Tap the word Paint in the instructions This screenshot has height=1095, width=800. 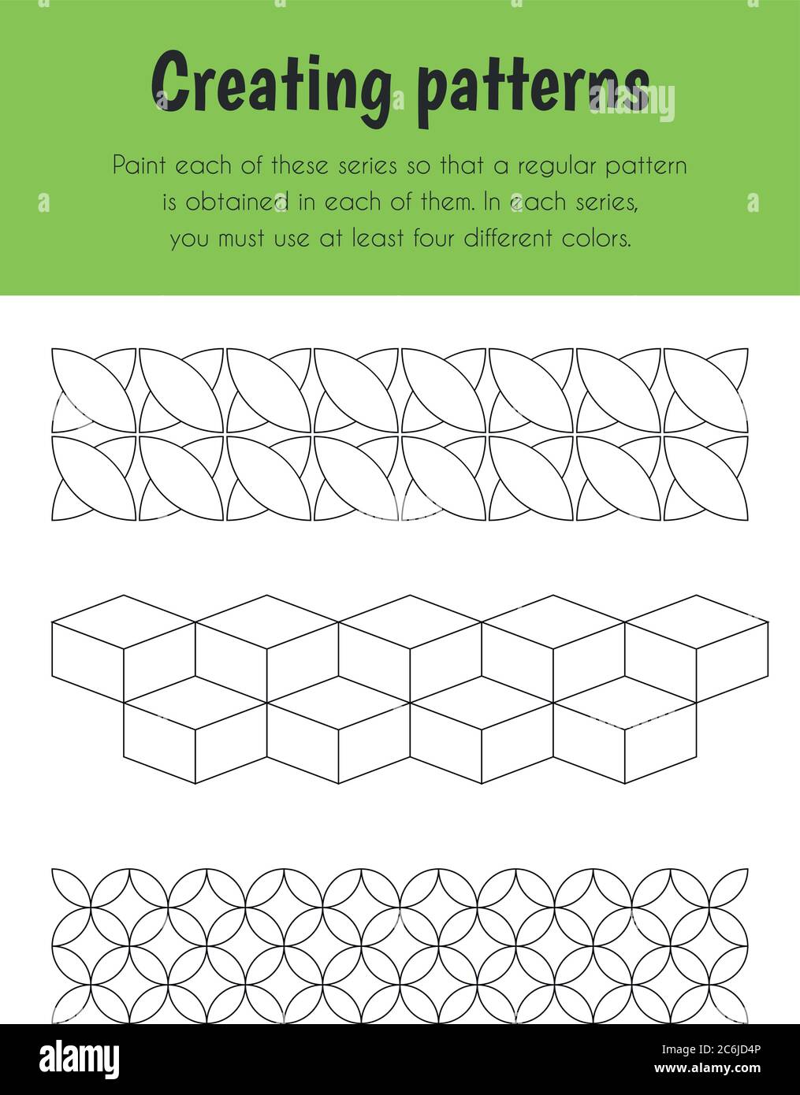(139, 166)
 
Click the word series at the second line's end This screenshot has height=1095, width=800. (608, 203)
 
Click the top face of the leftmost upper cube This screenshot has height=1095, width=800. (124, 622)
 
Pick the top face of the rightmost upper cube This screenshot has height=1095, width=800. (698, 622)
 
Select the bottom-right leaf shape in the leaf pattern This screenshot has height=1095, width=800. (706, 477)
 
